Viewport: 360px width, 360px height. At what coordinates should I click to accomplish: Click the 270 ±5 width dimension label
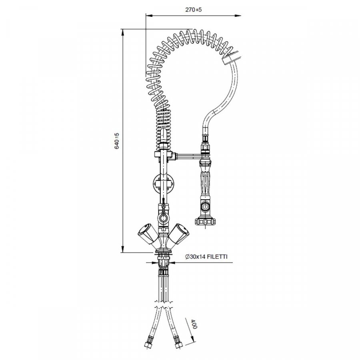pos(193,10)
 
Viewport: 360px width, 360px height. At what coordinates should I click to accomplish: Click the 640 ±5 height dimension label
pos(117,141)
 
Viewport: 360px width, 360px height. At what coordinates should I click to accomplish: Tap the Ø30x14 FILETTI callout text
pos(206,256)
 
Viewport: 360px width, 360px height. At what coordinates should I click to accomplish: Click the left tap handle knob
pos(147,233)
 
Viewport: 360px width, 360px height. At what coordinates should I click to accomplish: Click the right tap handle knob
pos(180,233)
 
